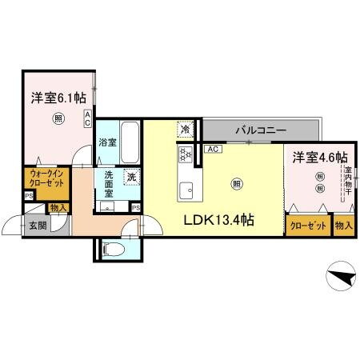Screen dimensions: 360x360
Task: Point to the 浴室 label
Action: pos(108,142)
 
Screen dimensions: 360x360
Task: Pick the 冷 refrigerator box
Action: pos(186,128)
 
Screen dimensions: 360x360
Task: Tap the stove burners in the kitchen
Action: pos(184,154)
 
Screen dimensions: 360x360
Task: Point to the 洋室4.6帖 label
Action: pos(318,157)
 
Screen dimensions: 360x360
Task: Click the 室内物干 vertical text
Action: pos(349,182)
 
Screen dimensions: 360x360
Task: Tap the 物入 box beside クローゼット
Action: pos(344,226)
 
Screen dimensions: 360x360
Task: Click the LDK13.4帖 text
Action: pos(220,219)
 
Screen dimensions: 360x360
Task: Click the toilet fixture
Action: pos(115,248)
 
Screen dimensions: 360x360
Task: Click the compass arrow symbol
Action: pos(342,278)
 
